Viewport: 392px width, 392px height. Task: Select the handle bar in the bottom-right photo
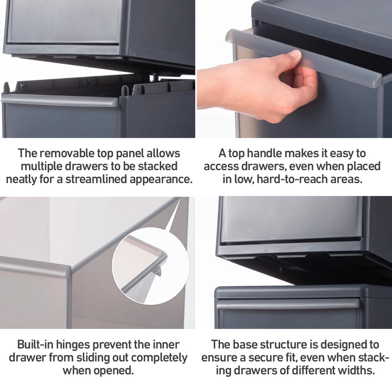click(289, 305)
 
